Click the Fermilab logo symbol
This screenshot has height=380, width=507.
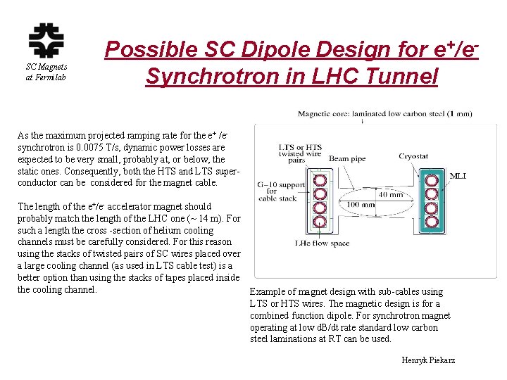(46, 41)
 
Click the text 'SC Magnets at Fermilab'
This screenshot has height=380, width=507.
(46, 72)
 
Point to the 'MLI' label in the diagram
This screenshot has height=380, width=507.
(458, 176)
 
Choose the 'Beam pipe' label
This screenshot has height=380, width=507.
(347, 159)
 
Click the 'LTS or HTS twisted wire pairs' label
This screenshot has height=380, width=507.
(301, 153)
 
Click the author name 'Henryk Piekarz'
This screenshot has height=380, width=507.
(428, 360)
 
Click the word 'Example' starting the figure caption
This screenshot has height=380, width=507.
(266, 291)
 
